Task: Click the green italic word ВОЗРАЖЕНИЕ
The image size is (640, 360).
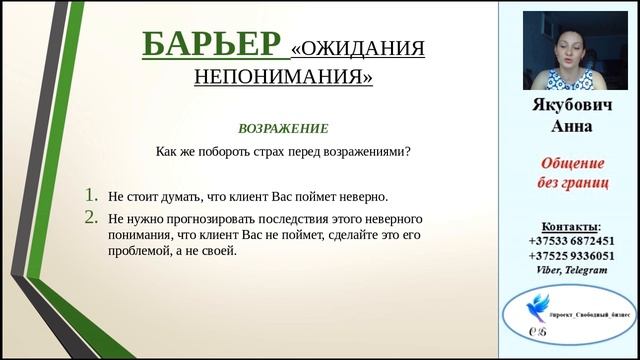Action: coord(282,129)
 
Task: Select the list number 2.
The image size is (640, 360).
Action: coord(92,217)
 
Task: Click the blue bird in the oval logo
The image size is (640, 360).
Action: coord(546,306)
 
